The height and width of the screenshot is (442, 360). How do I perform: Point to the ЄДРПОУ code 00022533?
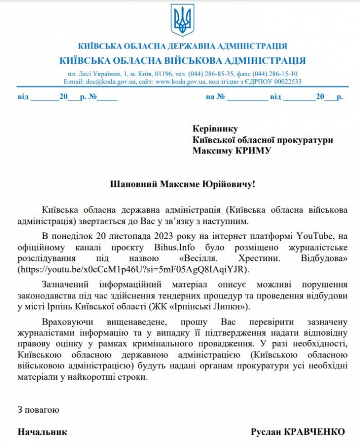tap(281, 82)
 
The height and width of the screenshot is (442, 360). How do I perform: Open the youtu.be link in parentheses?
tap(133, 269)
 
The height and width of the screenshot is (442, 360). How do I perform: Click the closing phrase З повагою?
tap(38, 410)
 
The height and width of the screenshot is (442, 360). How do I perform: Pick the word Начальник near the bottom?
tap(42, 432)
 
